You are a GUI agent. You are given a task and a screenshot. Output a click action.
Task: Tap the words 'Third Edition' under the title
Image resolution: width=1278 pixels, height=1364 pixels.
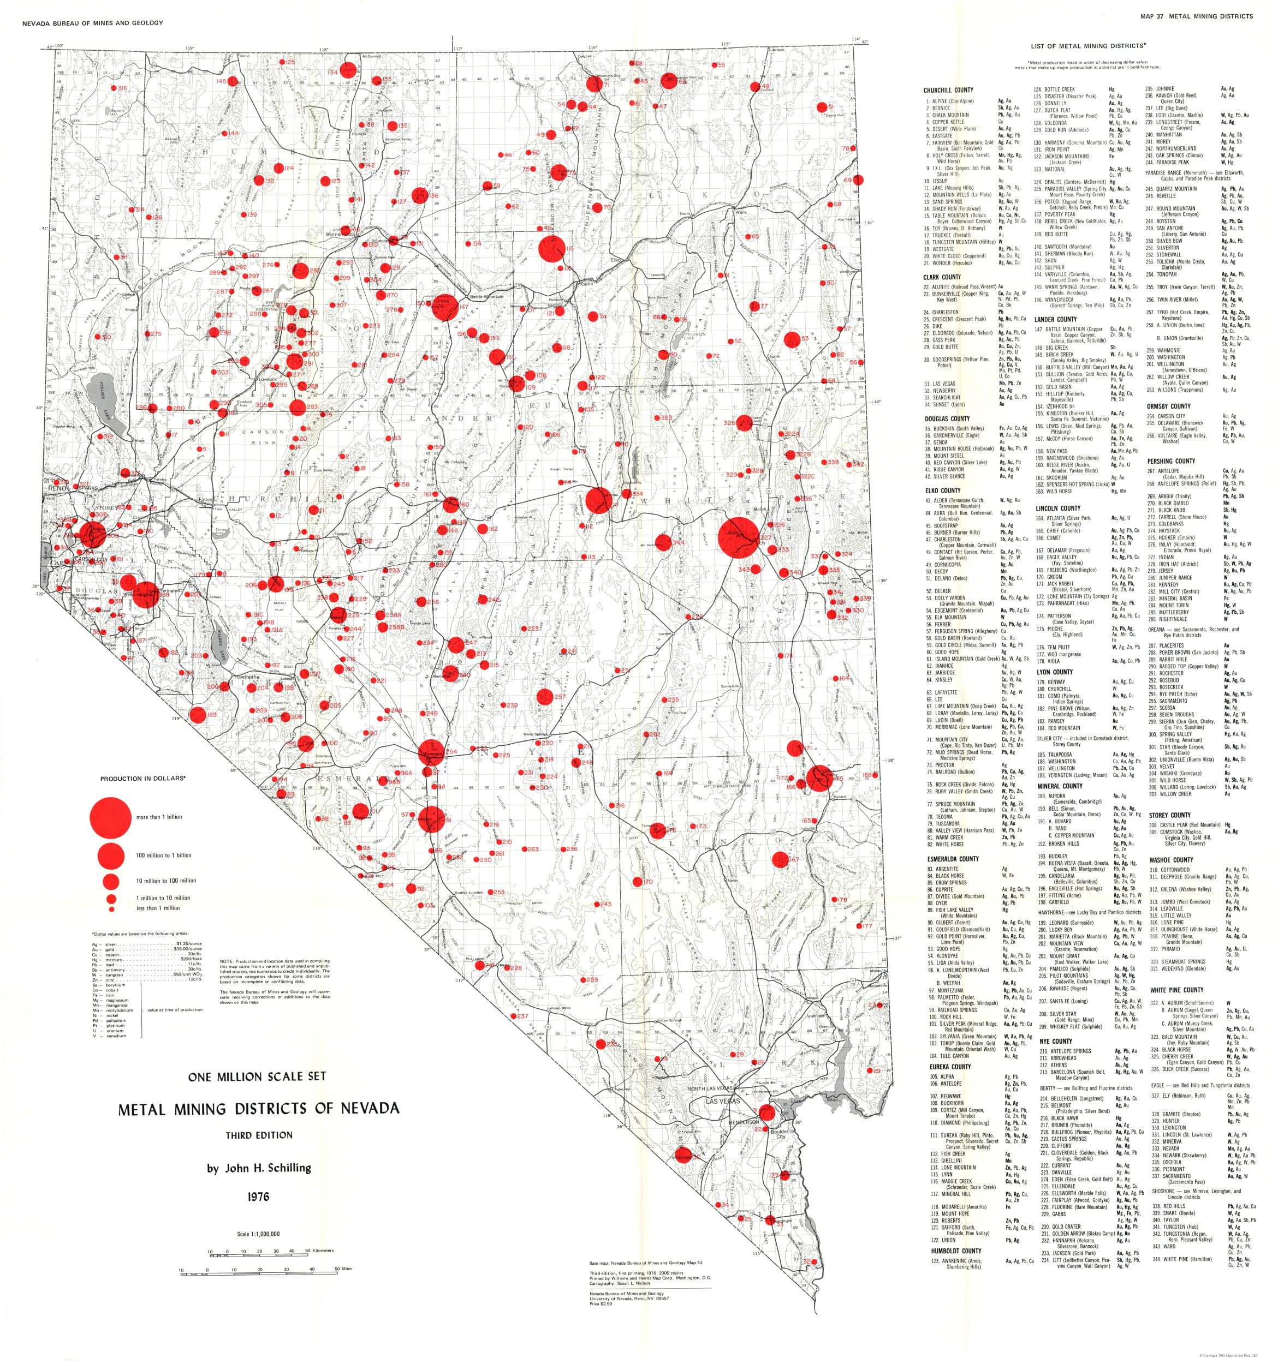(x=259, y=1135)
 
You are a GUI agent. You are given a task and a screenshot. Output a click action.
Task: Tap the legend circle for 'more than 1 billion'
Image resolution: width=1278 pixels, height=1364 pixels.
(x=110, y=817)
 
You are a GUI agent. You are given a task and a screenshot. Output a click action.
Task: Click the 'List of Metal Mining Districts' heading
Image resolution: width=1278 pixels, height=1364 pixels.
(x=1088, y=46)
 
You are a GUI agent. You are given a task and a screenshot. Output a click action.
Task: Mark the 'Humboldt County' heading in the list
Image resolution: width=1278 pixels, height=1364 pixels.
(x=952, y=1251)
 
